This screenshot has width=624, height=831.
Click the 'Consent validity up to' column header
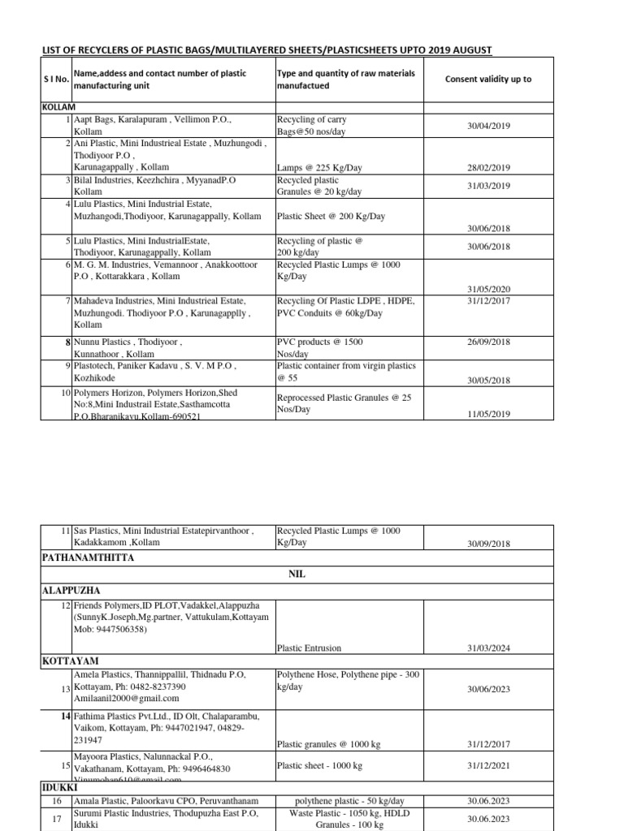(488, 80)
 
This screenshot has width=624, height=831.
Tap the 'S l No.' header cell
(55, 80)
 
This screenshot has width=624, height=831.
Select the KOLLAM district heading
(58, 107)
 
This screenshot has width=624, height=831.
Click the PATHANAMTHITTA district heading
(88, 558)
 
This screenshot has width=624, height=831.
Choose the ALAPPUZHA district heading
(71, 591)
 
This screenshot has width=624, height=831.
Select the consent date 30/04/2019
(488, 127)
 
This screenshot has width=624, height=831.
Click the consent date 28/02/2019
(488, 168)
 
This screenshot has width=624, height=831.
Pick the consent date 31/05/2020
(488, 290)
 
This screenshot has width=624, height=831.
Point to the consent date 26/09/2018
(488, 342)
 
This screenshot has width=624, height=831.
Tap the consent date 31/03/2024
(488, 648)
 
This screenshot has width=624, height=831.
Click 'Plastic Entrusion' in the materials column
(310, 648)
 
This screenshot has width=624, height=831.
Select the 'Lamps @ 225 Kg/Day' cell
(319, 168)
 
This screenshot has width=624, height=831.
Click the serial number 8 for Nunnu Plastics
(68, 342)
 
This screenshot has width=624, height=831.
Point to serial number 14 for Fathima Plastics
(66, 717)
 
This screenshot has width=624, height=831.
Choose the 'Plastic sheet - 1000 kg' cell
(319, 765)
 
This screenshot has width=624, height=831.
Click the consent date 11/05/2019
(488, 415)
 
